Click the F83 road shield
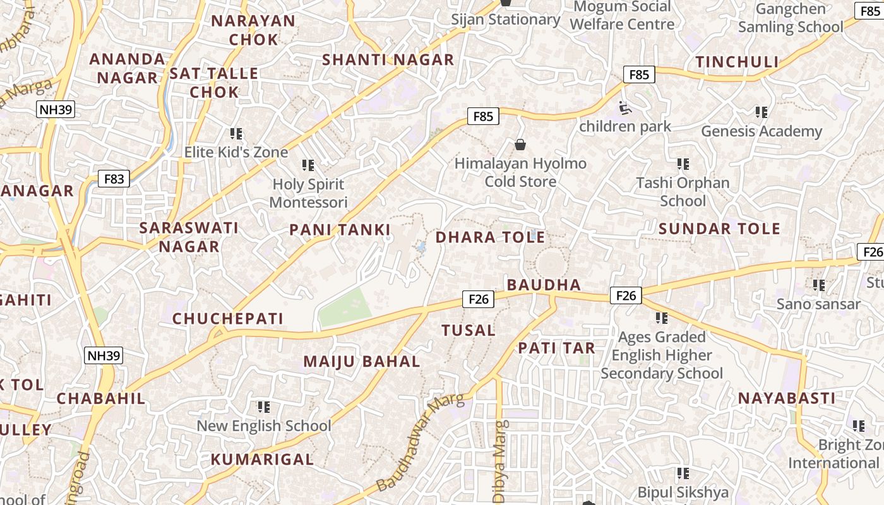(x=114, y=179)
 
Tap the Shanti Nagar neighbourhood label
(x=388, y=60)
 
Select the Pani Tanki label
(x=340, y=230)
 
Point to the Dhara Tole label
(x=490, y=237)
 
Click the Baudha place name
(x=544, y=285)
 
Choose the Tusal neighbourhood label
(x=468, y=330)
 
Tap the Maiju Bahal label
(x=362, y=362)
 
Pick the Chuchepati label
(x=228, y=319)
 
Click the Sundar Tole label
(x=719, y=229)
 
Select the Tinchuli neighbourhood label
(x=737, y=62)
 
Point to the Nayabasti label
(x=787, y=398)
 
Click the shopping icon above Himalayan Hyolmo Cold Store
(x=520, y=145)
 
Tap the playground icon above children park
(x=625, y=108)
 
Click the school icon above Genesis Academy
(x=762, y=112)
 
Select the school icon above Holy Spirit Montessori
(x=308, y=165)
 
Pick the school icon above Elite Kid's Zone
(x=236, y=133)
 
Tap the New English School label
(x=263, y=426)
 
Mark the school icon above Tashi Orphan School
(x=683, y=164)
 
